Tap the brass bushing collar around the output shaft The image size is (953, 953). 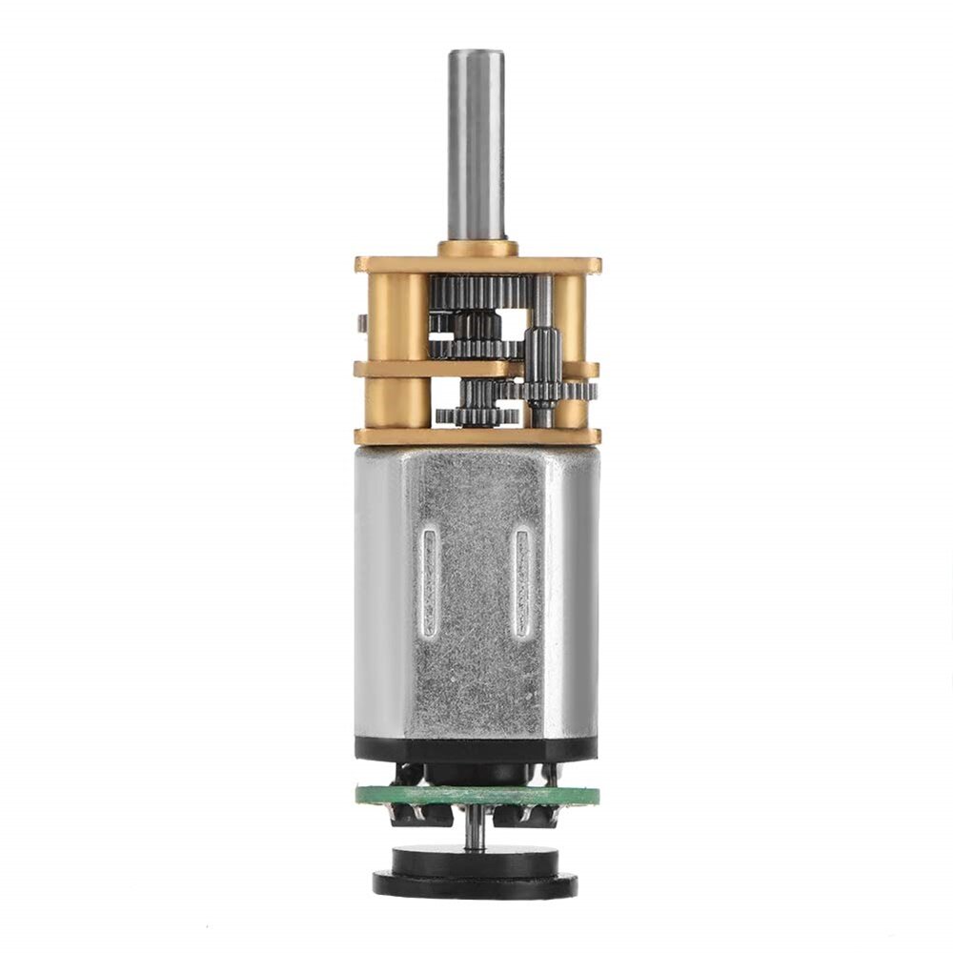(477, 249)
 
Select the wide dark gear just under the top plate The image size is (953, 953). (476, 291)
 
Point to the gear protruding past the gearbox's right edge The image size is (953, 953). (583, 391)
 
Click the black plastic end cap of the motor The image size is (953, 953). (476, 749)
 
